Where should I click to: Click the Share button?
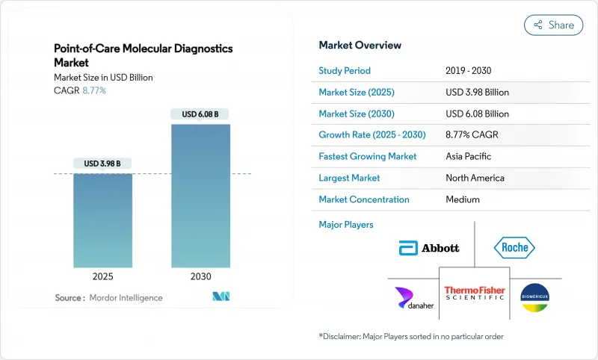click(x=553, y=25)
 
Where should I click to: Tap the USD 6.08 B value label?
click(x=200, y=114)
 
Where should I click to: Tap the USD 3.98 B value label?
click(x=102, y=164)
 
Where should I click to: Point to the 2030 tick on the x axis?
click(x=200, y=276)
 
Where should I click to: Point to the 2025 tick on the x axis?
click(x=102, y=276)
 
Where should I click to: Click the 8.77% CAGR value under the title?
click(x=93, y=90)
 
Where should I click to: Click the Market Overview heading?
click(x=360, y=45)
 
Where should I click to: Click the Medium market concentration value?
click(x=462, y=199)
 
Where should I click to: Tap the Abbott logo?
click(x=429, y=248)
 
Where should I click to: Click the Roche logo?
click(x=515, y=248)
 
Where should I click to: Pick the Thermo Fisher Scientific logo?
click(x=475, y=294)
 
